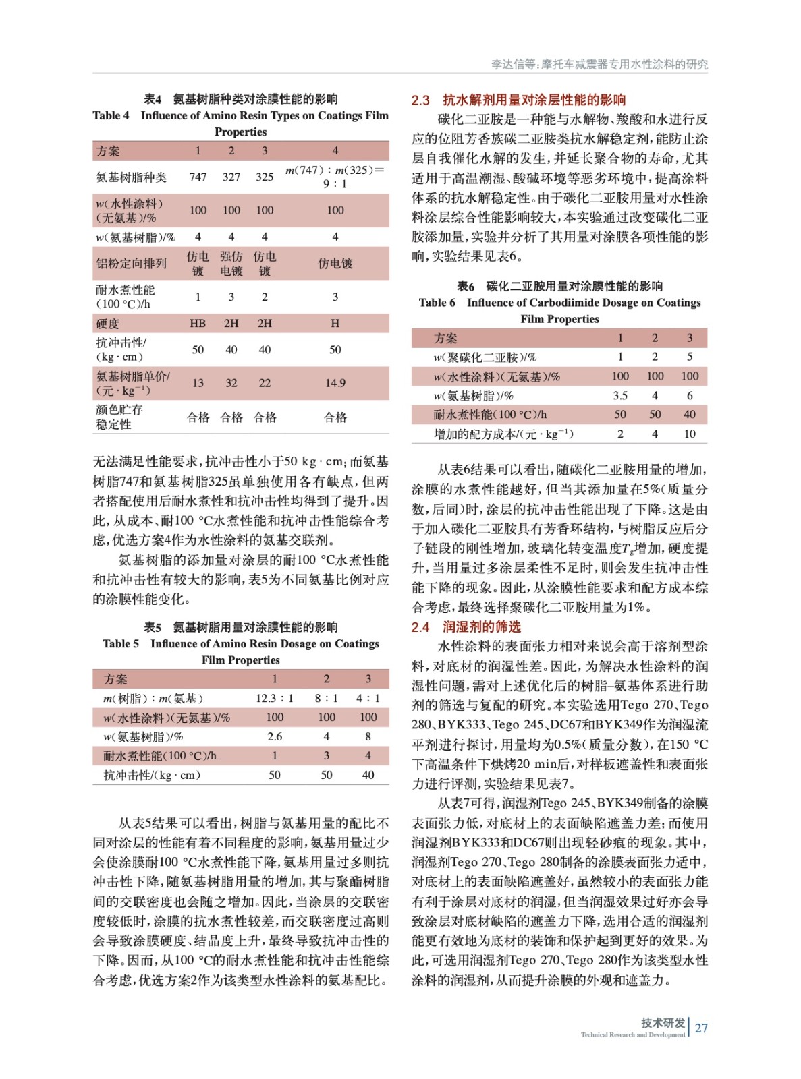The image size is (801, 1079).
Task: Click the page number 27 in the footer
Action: pyautogui.click(x=701, y=1028)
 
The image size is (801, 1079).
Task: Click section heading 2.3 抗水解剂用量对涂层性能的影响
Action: pyautogui.click(x=518, y=100)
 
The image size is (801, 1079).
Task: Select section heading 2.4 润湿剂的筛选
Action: pyautogui.click(x=466, y=627)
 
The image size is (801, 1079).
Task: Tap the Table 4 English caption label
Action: pyautogui.click(x=111, y=115)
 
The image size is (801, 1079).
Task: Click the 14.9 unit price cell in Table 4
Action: pyautogui.click(x=335, y=383)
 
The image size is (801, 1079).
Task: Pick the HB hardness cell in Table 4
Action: pyautogui.click(x=198, y=324)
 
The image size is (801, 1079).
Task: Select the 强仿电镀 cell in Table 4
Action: pyautogui.click(x=231, y=264)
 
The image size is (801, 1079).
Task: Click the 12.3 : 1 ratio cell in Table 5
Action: pyautogui.click(x=274, y=698)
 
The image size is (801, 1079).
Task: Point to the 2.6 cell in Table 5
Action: pyautogui.click(x=275, y=736)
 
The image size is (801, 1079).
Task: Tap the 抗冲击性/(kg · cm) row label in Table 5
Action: pyautogui.click(x=152, y=775)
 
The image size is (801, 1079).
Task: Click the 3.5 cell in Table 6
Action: pyautogui.click(x=620, y=395)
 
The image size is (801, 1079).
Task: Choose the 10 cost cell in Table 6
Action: pyautogui.click(x=689, y=434)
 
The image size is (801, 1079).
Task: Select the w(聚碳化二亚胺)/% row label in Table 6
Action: pyautogui.click(x=485, y=357)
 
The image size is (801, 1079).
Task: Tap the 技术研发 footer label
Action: pyautogui.click(x=663, y=1022)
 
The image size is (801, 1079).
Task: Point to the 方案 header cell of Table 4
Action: pyautogui.click(x=108, y=150)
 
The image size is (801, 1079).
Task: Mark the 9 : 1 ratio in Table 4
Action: pyautogui.click(x=335, y=183)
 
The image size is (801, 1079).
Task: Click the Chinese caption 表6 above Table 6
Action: pyautogui.click(x=466, y=286)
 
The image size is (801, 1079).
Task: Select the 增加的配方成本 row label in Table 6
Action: pyautogui.click(x=503, y=434)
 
